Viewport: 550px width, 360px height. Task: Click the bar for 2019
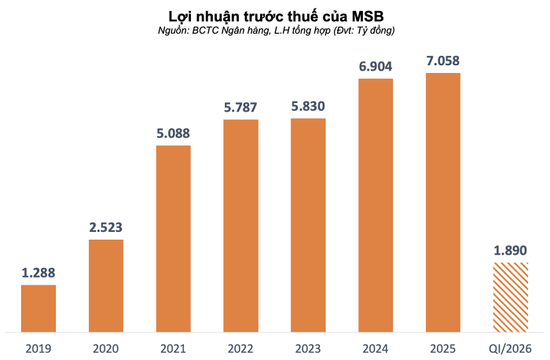click(x=38, y=308)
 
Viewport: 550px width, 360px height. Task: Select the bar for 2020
click(x=105, y=285)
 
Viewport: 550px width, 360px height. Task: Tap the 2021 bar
click(x=173, y=238)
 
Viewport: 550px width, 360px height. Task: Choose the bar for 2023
click(x=308, y=225)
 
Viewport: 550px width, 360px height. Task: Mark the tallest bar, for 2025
click(x=443, y=202)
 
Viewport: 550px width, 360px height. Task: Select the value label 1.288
click(x=38, y=274)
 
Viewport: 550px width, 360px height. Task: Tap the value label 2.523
click(x=105, y=228)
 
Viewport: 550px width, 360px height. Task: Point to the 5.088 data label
click(x=173, y=134)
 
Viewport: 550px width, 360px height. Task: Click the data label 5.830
click(x=308, y=107)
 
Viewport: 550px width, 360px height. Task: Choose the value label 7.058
click(x=443, y=61)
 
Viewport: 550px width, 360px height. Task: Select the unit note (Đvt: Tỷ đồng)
click(x=358, y=31)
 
